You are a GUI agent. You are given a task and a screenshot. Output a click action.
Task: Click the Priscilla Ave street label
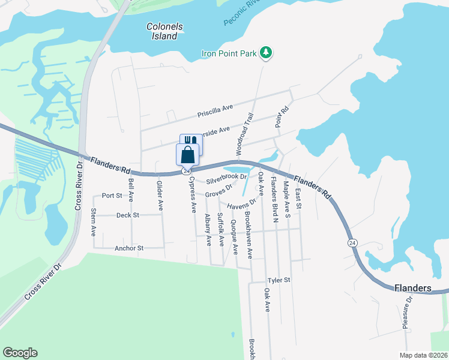pos(215,112)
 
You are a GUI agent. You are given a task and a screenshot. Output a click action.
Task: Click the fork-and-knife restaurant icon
pos(191,141)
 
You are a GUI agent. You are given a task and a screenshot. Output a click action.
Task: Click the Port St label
pos(112,196)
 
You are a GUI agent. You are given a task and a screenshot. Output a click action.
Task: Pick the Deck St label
pos(127,215)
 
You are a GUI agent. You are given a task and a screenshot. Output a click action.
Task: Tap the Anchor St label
pos(128,248)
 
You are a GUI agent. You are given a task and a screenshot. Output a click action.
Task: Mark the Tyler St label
pos(279,280)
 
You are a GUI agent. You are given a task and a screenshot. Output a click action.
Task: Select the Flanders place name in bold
pos(413,288)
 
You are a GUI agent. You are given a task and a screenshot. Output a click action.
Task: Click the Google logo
pos(20,353)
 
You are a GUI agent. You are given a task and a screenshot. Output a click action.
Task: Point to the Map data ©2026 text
pos(423,355)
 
